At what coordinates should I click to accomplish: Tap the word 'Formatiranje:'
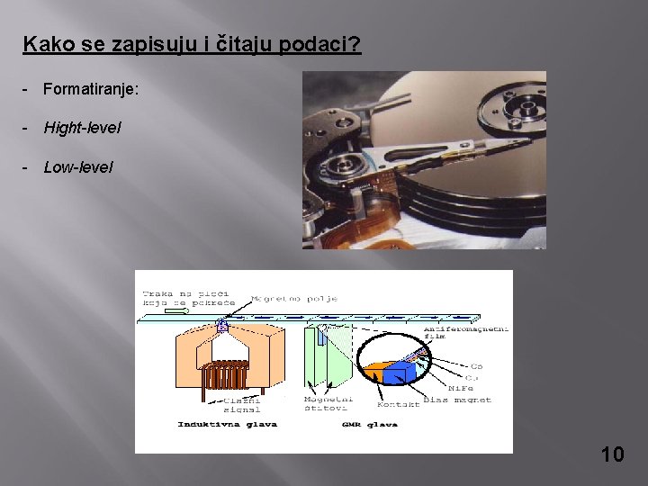(90, 90)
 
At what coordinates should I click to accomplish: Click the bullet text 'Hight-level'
(82, 129)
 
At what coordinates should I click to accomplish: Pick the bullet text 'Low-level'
(78, 167)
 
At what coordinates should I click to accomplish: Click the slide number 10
(612, 454)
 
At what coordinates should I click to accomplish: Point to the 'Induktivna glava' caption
(228, 424)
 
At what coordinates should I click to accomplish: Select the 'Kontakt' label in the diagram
(398, 404)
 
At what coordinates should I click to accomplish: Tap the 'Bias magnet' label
(458, 399)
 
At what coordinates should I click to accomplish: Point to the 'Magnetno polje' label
(282, 298)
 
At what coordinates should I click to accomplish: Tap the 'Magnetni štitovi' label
(328, 404)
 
